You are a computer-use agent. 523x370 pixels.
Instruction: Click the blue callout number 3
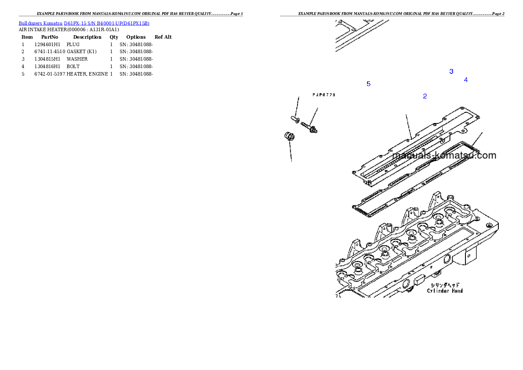(451, 72)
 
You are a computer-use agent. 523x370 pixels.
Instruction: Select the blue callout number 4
(465, 80)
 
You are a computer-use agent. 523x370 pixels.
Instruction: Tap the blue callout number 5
(368, 84)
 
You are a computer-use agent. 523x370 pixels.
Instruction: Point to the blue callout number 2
(425, 96)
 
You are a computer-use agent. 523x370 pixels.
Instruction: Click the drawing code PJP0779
(324, 95)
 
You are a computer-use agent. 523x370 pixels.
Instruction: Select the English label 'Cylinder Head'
(445, 290)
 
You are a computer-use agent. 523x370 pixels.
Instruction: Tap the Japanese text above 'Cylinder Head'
(445, 285)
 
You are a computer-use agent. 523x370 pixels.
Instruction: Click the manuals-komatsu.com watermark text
(444, 155)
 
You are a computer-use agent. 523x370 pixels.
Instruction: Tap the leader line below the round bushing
(291, 152)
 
